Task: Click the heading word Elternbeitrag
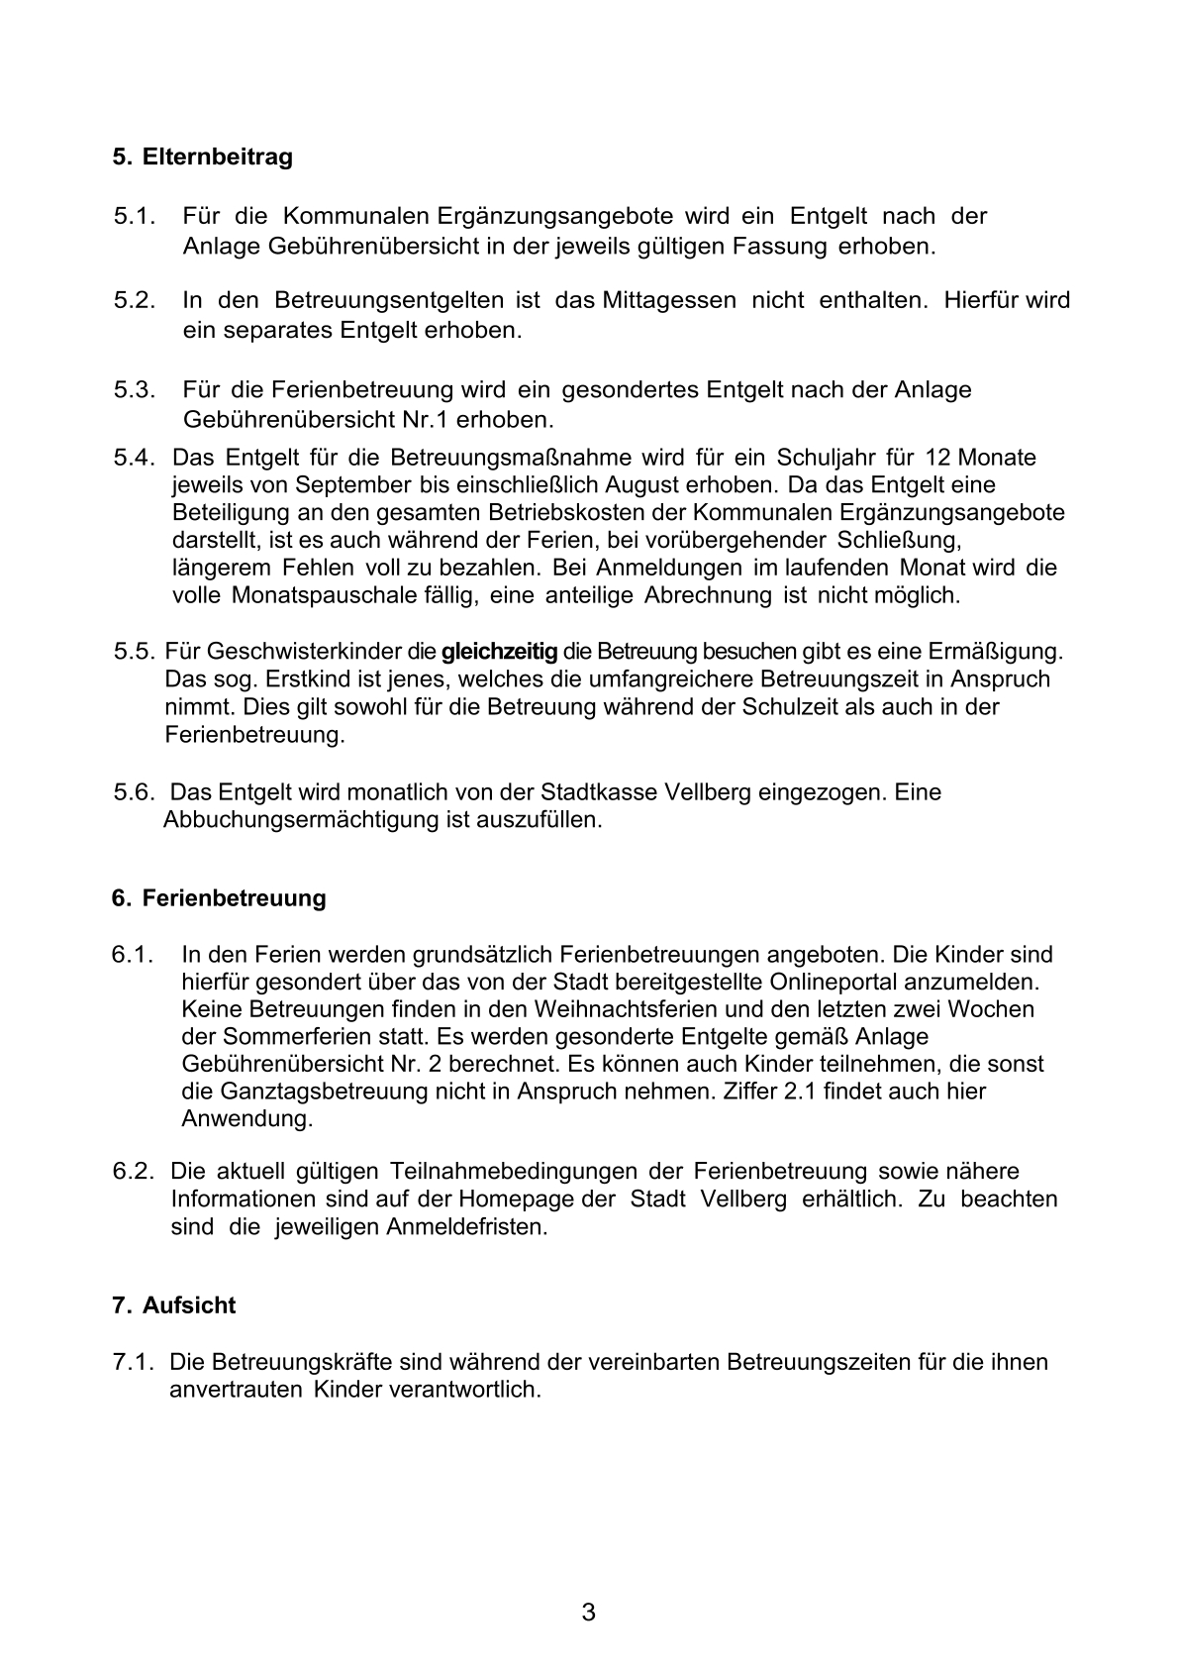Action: tap(217, 157)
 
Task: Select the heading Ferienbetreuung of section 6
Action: tap(234, 898)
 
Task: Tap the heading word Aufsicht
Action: tap(189, 1305)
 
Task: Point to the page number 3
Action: tap(588, 1614)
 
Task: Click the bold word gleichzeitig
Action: tap(499, 652)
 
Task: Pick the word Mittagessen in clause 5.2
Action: tap(668, 300)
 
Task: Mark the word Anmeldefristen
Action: tap(466, 1226)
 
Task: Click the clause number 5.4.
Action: tap(135, 459)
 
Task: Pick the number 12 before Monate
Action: tap(937, 459)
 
